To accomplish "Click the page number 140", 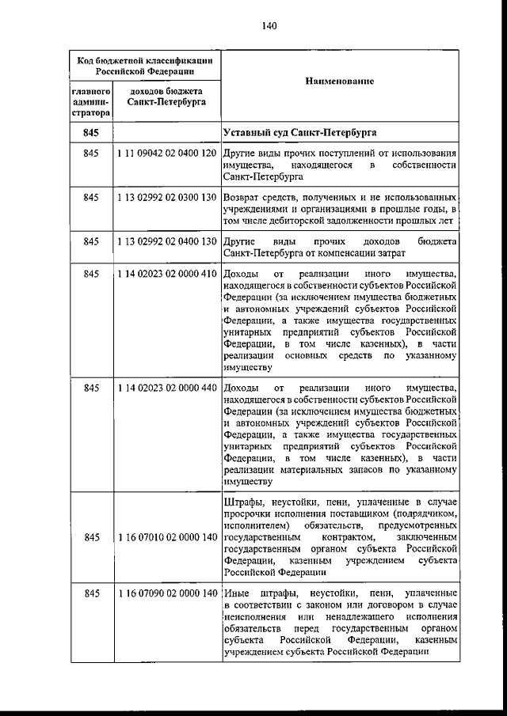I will pyautogui.click(x=268, y=25).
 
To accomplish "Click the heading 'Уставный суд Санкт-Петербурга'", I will pyautogui.click(x=299, y=131).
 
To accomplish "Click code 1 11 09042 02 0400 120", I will pyautogui.click(x=166, y=152).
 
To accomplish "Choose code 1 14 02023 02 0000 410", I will pyautogui.click(x=166, y=274).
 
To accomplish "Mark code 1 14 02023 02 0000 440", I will pyautogui.click(x=166, y=388).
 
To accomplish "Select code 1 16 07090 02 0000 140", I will pyautogui.click(x=166, y=593).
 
